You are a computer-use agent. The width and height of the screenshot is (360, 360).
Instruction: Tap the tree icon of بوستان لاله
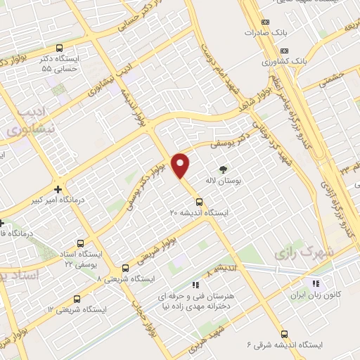coord(223,169)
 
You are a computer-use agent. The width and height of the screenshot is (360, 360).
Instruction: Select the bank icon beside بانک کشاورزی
coord(285,51)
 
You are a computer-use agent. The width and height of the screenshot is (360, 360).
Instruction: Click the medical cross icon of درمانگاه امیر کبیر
coord(58,188)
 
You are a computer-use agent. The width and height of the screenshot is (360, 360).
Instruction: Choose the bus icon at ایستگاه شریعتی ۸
coord(126,268)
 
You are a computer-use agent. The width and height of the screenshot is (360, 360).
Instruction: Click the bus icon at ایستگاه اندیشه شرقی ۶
coord(284,334)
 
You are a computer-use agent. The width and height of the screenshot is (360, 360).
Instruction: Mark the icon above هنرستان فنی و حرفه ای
coord(196,285)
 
